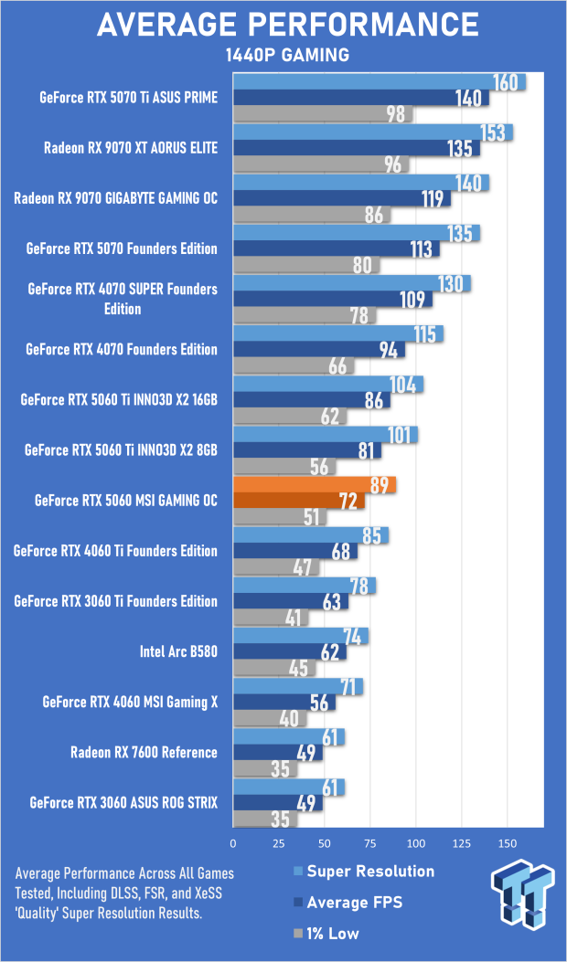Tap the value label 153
[x=494, y=132]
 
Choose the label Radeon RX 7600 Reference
[x=144, y=753]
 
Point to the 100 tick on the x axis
[x=416, y=842]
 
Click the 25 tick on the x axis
[x=279, y=842]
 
